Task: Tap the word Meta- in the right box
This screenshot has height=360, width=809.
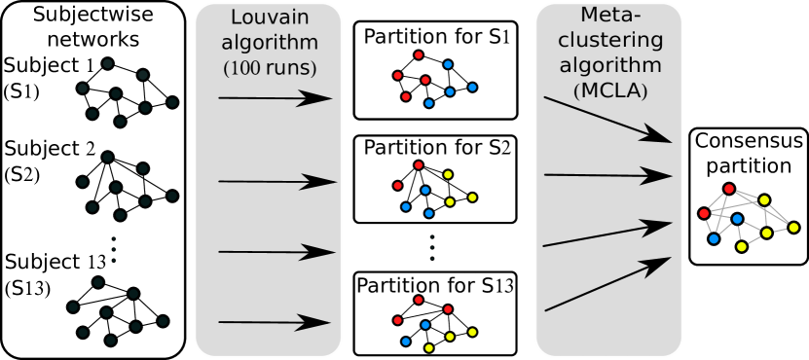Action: click(608, 17)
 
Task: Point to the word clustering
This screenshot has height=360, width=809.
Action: click(608, 42)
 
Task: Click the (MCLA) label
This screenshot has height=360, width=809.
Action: click(608, 91)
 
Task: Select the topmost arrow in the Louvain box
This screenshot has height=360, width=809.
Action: click(275, 98)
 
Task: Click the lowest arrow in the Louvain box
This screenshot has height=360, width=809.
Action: click(275, 322)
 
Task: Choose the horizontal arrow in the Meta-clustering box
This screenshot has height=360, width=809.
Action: click(607, 175)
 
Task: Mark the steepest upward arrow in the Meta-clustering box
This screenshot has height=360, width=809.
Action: click(607, 284)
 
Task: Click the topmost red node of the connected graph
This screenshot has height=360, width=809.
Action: click(729, 189)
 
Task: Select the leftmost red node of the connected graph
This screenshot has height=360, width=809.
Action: click(704, 213)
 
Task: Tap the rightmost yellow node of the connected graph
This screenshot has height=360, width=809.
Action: click(793, 228)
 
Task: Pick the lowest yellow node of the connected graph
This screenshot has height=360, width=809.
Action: click(742, 247)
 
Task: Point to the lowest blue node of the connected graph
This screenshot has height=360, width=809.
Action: click(714, 238)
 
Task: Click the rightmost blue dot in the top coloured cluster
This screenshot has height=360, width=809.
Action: click(472, 88)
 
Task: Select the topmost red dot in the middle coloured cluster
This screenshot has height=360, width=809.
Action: click(419, 165)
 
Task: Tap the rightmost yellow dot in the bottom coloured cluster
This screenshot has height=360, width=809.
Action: click(472, 333)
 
